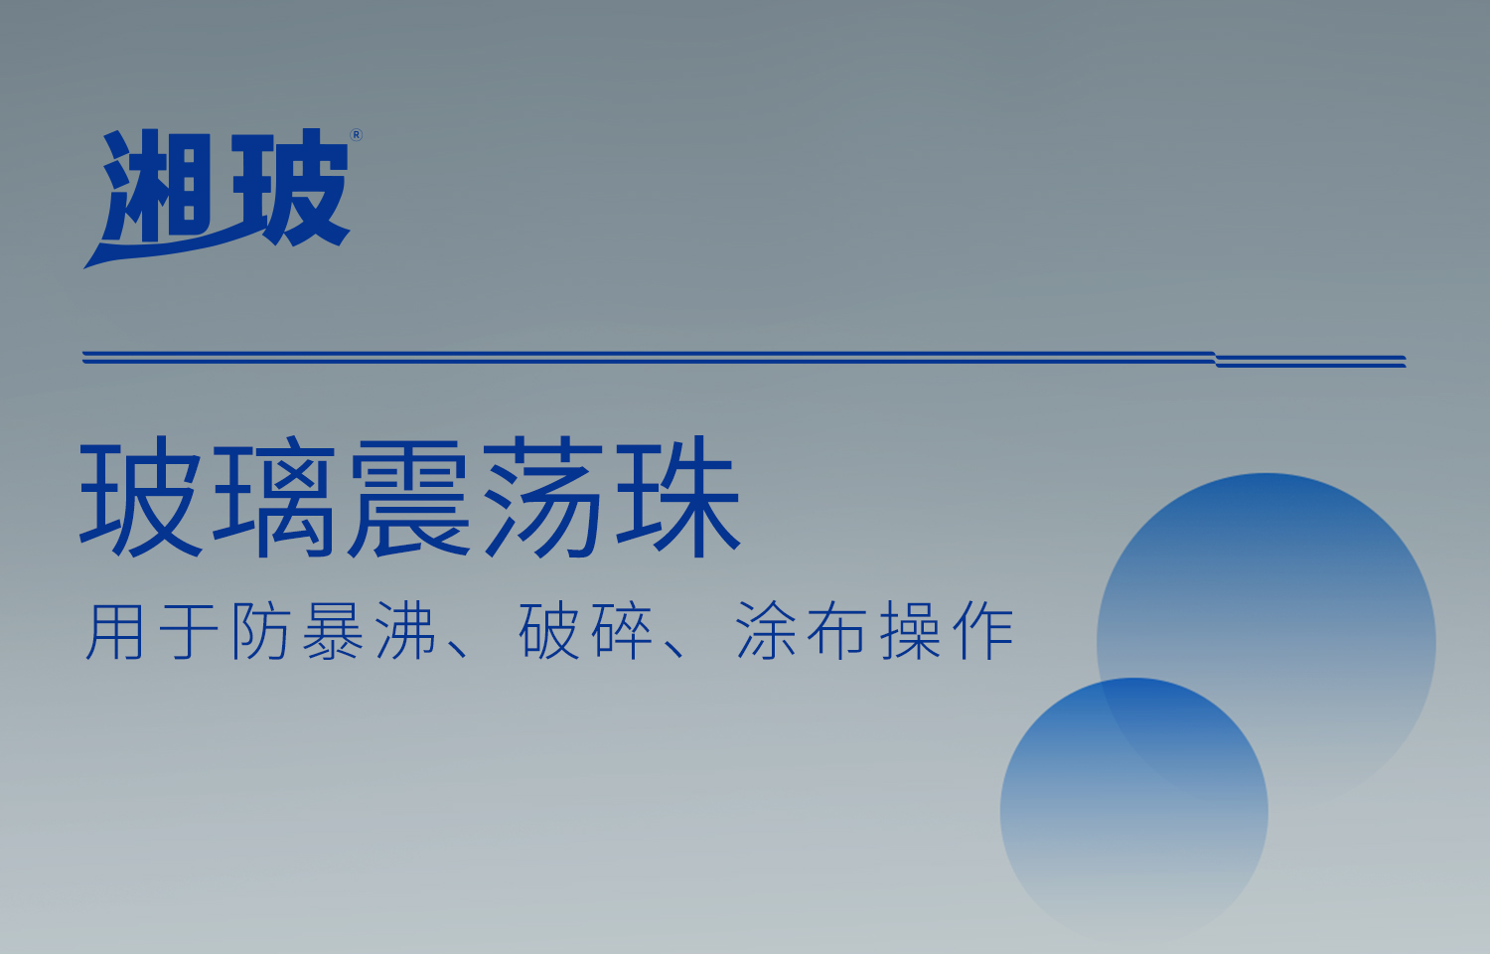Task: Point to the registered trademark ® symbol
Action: (357, 135)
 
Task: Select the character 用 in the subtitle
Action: (115, 631)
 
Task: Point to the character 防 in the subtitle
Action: (261, 631)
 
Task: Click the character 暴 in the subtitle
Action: (334, 631)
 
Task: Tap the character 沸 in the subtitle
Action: (406, 631)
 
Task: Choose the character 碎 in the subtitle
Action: (622, 631)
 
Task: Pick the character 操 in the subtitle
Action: (911, 631)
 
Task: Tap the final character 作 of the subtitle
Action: (983, 631)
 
